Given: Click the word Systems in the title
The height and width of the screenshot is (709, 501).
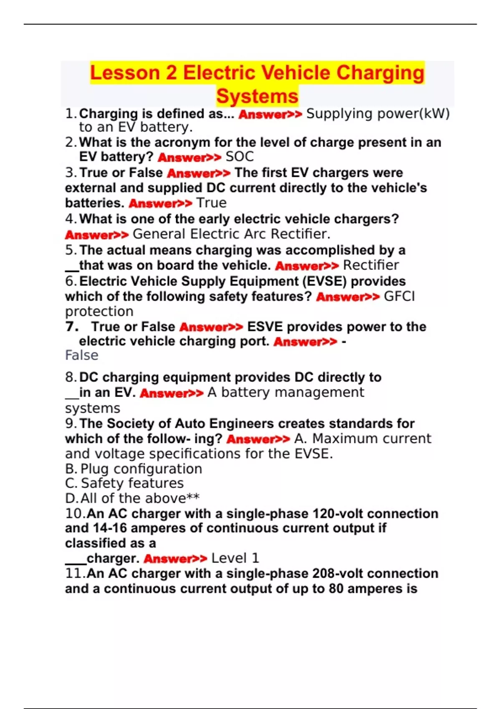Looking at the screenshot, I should (257, 96).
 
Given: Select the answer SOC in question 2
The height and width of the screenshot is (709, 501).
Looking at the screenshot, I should (240, 157).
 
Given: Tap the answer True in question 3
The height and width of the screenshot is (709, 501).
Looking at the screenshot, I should (211, 203).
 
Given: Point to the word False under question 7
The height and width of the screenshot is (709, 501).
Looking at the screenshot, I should (82, 355).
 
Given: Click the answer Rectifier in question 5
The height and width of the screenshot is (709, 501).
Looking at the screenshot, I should (371, 265).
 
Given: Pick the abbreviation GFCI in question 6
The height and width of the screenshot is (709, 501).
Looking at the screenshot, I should (399, 297).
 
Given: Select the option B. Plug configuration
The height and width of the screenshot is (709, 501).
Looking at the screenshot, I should (134, 469).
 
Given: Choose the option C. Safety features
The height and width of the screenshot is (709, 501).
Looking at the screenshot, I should (124, 483).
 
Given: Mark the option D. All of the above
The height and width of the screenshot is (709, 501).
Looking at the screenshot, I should (132, 498).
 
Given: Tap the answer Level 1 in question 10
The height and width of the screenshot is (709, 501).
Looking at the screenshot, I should (235, 558).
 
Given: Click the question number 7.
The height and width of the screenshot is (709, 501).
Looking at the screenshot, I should (71, 327).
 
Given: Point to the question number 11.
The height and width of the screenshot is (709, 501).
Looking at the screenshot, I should (75, 573).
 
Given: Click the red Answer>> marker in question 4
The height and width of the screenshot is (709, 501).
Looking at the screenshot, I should (97, 235).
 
